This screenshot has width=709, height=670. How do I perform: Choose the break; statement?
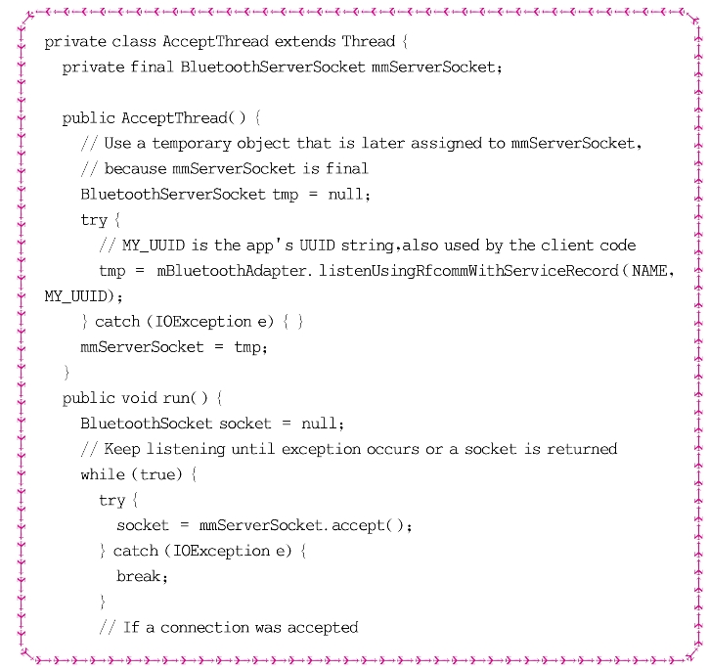143,576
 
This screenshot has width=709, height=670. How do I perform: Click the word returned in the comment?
583,449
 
